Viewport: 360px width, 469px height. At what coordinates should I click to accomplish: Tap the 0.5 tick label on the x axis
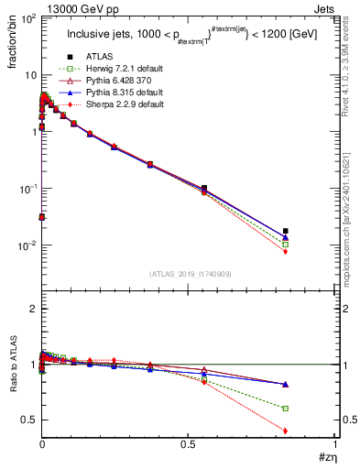click(x=188, y=444)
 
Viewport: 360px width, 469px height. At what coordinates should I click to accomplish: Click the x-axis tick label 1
click(x=335, y=444)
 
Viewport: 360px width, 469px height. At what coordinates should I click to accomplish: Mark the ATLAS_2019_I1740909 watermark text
click(x=188, y=274)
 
